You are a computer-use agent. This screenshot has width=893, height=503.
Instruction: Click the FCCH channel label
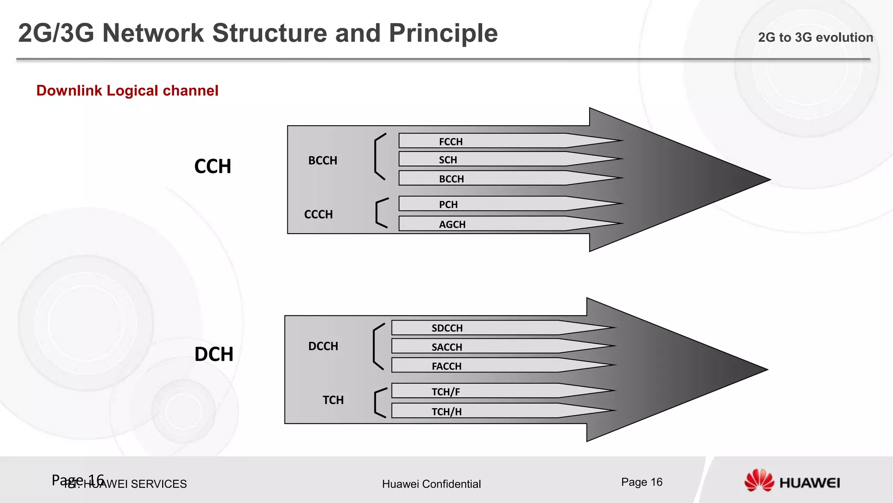450,141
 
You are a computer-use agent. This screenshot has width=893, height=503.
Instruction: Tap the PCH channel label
448,204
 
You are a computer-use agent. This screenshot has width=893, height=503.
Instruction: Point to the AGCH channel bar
501,224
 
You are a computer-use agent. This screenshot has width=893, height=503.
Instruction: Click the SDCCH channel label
447,328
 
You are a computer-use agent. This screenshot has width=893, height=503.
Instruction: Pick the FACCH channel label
446,366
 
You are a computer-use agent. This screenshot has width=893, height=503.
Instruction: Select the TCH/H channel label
446,411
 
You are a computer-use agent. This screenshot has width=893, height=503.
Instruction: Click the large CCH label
212,166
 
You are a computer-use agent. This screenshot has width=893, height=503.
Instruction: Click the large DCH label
214,354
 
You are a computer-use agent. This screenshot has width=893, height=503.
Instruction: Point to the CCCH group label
318,214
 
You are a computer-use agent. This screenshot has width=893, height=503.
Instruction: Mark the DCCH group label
323,346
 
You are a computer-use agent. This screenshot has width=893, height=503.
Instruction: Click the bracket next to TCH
379,403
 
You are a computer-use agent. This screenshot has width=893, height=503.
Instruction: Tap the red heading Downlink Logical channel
127,90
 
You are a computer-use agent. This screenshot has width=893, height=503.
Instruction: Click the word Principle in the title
443,33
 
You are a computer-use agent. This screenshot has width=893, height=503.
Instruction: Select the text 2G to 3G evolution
815,38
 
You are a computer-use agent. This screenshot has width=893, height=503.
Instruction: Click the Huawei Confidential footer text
431,484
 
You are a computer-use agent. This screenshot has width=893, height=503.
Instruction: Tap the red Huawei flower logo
759,481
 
